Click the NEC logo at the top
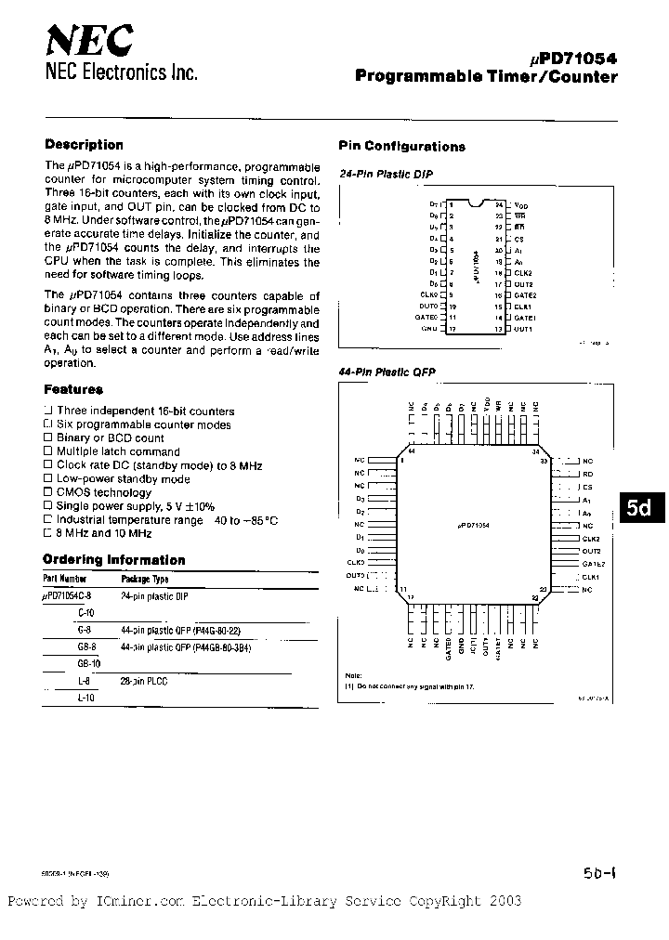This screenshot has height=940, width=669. point(89,43)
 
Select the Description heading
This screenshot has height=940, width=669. point(84,145)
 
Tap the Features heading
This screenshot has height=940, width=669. point(72,390)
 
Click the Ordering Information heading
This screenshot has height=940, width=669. point(114,560)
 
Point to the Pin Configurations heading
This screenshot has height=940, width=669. point(401,147)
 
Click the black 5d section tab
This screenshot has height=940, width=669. point(639,509)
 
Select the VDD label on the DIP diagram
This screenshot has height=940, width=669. point(521,204)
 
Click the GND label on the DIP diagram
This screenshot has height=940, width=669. point(428,329)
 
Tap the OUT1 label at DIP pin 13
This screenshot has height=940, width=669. point(523,329)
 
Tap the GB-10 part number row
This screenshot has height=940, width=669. point(89,664)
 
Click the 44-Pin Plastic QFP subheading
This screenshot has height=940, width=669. point(387,372)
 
